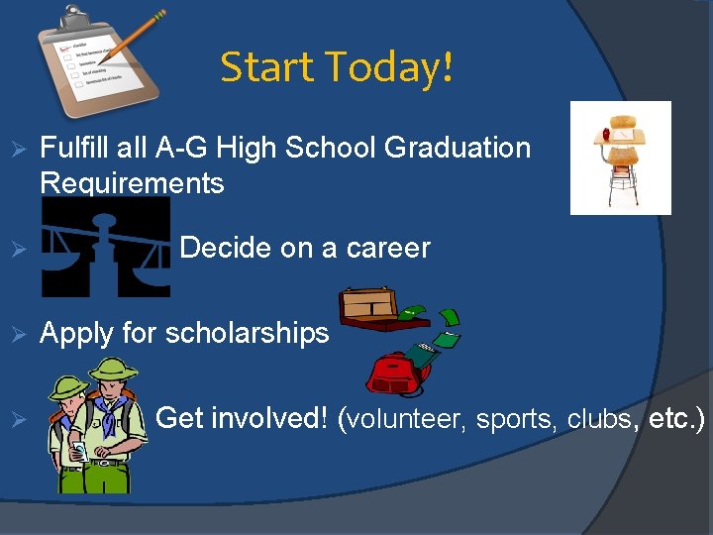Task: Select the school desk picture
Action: click(x=621, y=158)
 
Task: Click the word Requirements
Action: click(x=132, y=183)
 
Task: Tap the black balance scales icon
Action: click(x=105, y=247)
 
